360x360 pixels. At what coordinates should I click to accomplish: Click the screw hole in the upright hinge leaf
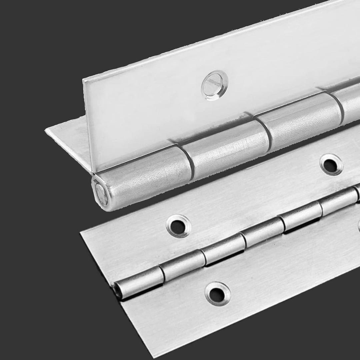pyautogui.click(x=215, y=85)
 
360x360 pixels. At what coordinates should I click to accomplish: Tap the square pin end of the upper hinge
pyautogui.click(x=101, y=194)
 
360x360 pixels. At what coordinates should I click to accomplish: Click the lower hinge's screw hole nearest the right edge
pyautogui.click(x=331, y=165)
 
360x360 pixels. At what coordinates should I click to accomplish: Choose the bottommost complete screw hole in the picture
pyautogui.click(x=217, y=294)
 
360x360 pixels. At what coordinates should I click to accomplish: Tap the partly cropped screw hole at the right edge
pyautogui.click(x=358, y=226)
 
